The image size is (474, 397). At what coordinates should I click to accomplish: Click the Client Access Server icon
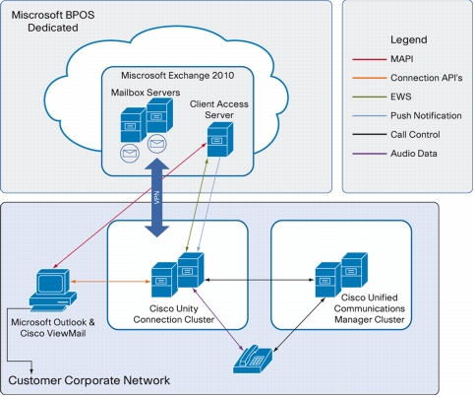(x=220, y=140)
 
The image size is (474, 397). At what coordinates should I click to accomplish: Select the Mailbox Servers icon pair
(x=147, y=119)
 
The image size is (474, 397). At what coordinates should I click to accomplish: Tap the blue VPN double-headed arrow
(x=157, y=198)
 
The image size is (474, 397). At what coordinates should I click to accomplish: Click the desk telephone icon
(x=253, y=360)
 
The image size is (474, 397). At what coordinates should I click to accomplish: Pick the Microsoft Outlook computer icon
(x=53, y=290)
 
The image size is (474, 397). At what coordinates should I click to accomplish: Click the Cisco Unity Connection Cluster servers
(x=178, y=275)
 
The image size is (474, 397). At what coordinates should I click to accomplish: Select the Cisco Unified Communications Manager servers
(x=341, y=275)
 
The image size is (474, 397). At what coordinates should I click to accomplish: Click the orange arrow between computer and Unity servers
(x=110, y=282)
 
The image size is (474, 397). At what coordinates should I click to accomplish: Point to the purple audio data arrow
(x=218, y=319)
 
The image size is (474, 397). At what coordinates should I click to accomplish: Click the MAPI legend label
(x=401, y=59)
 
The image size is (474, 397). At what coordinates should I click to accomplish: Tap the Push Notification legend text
(x=426, y=115)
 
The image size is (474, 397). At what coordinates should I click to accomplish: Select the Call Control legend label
(x=415, y=135)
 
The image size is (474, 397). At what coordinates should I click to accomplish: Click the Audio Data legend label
(x=413, y=154)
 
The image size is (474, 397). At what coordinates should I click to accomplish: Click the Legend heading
(x=408, y=39)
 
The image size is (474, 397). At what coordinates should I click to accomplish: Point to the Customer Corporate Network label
(x=89, y=380)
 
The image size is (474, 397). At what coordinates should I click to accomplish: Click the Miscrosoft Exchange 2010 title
(x=178, y=76)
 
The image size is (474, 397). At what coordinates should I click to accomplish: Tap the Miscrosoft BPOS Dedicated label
(x=53, y=22)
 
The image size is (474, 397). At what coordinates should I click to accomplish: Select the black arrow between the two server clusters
(x=259, y=280)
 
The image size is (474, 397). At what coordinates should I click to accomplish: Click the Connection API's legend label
(x=427, y=78)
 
